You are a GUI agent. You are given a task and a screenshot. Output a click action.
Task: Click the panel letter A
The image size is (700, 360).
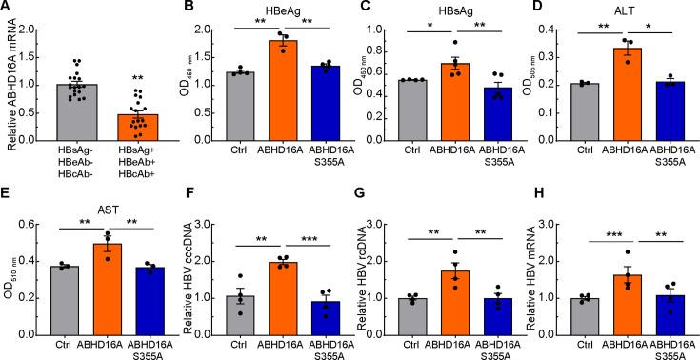click(x=7, y=8)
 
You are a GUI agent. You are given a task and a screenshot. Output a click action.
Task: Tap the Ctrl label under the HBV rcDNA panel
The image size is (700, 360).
click(x=399, y=343)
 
